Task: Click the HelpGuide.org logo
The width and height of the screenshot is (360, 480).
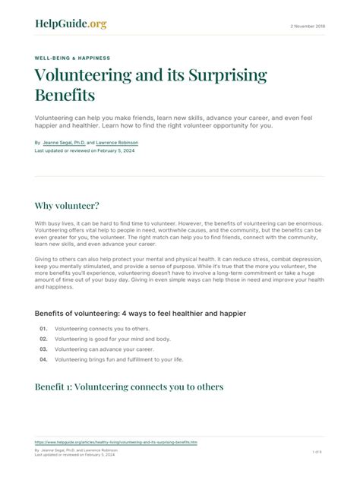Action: pos(71,24)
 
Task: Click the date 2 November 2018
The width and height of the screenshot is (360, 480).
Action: pos(307,27)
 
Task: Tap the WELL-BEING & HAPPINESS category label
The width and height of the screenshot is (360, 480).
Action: pos(72,58)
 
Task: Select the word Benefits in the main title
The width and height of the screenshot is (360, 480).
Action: pos(65,96)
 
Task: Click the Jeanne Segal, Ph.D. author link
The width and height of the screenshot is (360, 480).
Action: pos(63,142)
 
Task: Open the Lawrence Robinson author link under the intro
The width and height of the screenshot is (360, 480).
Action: pos(117,142)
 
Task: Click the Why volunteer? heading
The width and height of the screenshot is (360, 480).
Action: pos(67,205)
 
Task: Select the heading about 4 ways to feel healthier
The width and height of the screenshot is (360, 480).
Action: pos(140,313)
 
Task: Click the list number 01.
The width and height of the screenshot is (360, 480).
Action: pos(43,328)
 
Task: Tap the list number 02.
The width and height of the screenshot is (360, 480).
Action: pos(43,339)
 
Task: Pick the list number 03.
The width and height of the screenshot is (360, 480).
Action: pos(43,349)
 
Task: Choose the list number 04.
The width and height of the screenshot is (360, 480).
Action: pos(43,359)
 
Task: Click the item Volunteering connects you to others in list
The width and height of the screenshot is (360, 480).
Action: pos(102,328)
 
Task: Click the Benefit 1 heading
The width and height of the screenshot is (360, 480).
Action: pos(129,387)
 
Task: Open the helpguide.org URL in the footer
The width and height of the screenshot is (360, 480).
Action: pos(115,441)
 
